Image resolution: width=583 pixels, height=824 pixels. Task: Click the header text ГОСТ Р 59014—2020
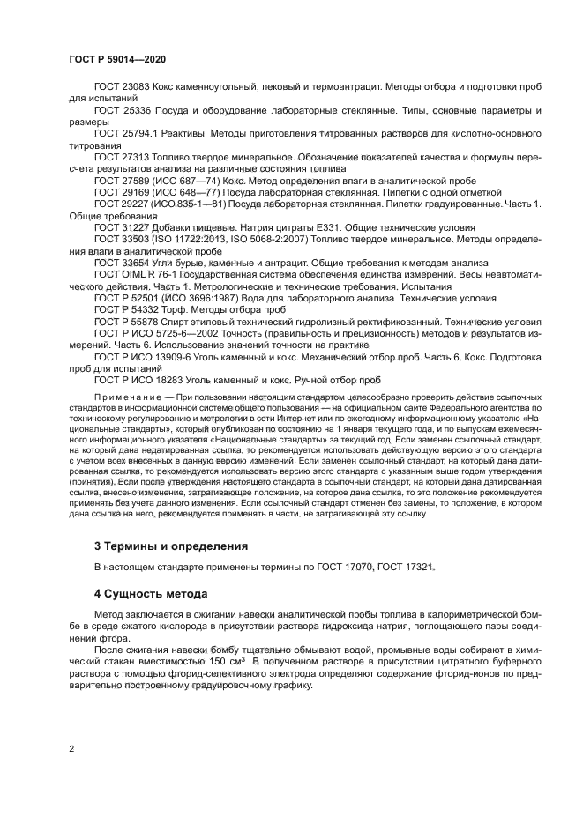click(116, 58)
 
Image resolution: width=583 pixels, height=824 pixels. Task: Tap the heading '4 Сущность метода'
click(151, 593)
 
